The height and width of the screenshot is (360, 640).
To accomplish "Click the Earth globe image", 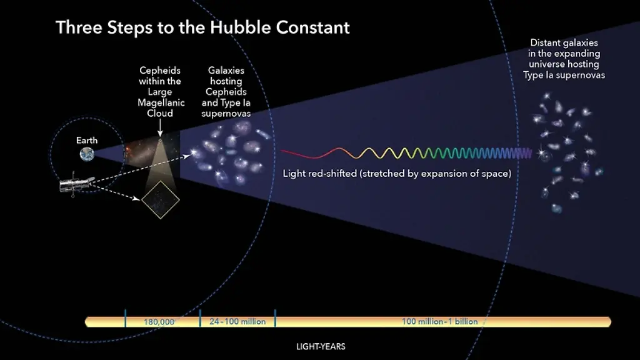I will (87, 155).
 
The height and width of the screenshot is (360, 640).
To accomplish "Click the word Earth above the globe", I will (87, 141).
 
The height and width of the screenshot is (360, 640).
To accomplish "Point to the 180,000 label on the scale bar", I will (159, 322).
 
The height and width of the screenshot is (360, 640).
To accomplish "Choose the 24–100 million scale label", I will (237, 322).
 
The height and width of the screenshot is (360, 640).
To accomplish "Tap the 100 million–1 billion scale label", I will (439, 322).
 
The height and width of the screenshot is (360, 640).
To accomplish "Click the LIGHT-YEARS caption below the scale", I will (321, 346).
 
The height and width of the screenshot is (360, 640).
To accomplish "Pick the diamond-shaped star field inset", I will (160, 200).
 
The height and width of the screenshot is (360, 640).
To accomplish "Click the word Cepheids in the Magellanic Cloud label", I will (160, 71).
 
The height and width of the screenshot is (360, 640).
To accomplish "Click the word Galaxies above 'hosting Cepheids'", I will (226, 71).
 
